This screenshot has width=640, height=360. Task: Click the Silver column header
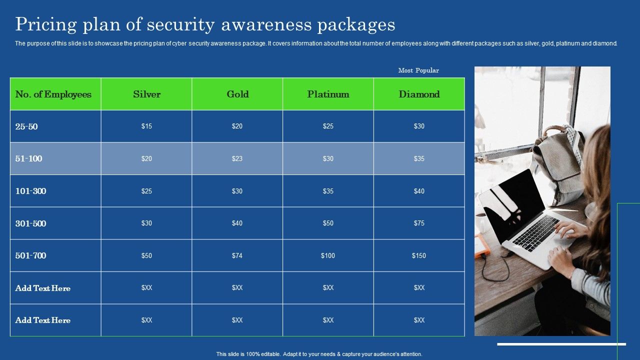point(146,94)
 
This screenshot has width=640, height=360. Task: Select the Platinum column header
point(328,94)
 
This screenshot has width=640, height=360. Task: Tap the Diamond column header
point(419,94)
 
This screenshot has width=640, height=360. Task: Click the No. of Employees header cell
point(53,94)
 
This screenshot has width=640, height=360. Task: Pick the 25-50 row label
point(26,126)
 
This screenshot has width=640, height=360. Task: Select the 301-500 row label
point(30,223)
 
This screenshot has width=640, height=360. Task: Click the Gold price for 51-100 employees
point(237,158)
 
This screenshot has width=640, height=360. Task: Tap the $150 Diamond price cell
point(419,255)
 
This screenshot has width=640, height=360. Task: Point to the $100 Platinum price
point(327,255)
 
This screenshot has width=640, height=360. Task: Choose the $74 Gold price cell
point(237,255)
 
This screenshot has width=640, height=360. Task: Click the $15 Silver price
point(146,126)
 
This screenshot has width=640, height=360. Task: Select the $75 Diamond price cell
point(419,223)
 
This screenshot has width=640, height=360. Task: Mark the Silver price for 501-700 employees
point(146,255)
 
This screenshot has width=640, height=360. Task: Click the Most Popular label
point(418,70)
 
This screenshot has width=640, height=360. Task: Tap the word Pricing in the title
point(46,24)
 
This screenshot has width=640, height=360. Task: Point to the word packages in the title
point(356,25)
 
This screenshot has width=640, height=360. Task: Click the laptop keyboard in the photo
point(535,233)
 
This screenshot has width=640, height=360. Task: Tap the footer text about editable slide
point(319,354)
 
